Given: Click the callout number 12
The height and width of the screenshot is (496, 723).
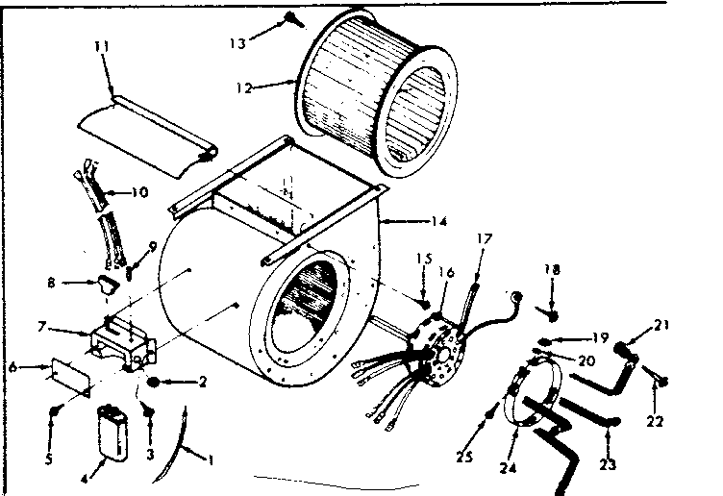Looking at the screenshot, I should (242, 87).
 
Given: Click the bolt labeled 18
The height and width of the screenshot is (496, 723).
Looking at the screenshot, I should (552, 312).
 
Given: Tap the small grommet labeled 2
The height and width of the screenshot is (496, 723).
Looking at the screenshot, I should (154, 383).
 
